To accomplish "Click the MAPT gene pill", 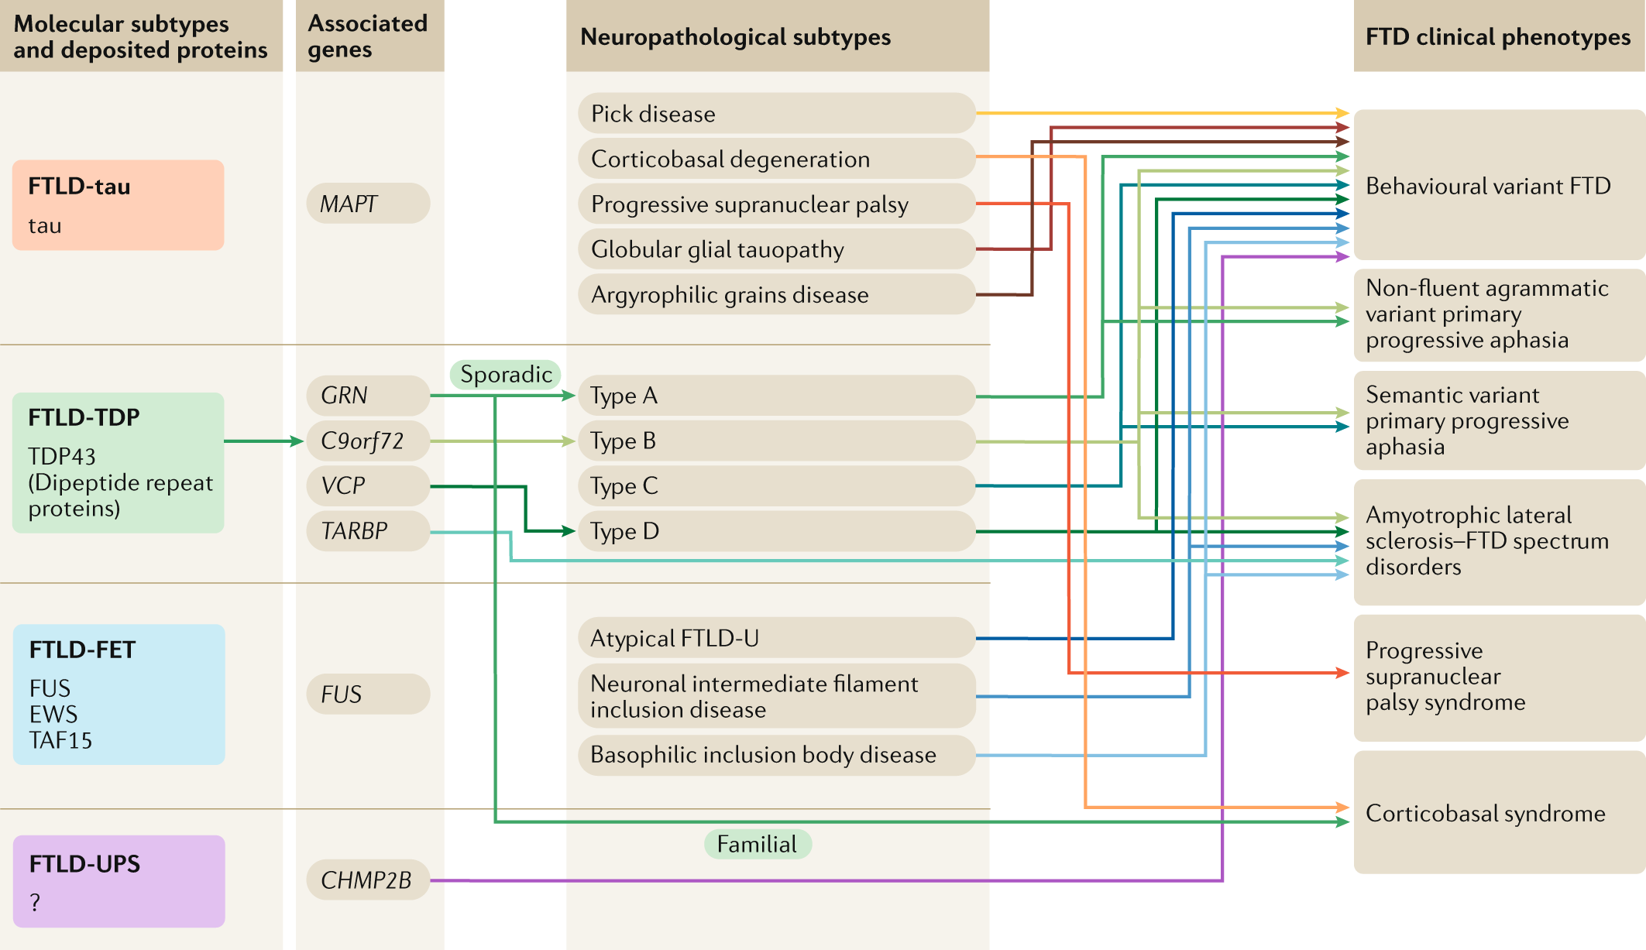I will tap(368, 204).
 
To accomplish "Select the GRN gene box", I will tap(368, 396).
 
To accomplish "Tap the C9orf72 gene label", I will tap(363, 441).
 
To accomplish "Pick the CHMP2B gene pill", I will tap(368, 880).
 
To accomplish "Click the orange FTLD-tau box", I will tap(118, 205).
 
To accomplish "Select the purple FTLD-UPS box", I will tap(119, 881).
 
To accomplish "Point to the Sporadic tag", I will tap(505, 375).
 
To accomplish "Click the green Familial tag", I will tap(757, 844).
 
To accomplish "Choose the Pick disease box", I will tap(776, 114).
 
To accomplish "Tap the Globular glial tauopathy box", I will tap(776, 249).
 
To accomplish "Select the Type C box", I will tap(776, 486).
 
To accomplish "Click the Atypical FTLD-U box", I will tap(776, 638).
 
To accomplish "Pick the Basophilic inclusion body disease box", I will tap(776, 755).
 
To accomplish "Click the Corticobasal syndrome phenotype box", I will tap(1499, 813).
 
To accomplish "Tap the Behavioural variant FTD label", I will tap(1488, 186).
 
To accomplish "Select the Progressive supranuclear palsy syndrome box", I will tap(1499, 677).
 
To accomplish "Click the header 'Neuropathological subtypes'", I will tap(736, 37).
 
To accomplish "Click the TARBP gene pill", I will tap(368, 531).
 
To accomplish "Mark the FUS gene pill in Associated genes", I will tap(368, 694).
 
